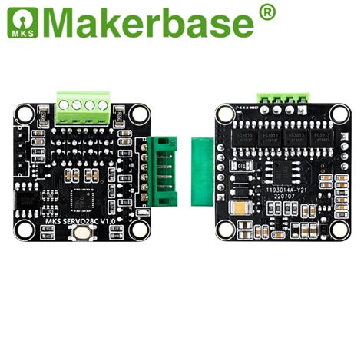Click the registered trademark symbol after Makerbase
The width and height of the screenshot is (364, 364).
click(266, 11)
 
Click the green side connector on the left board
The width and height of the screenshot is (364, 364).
click(162, 174)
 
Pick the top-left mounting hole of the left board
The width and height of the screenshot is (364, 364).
click(25, 114)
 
